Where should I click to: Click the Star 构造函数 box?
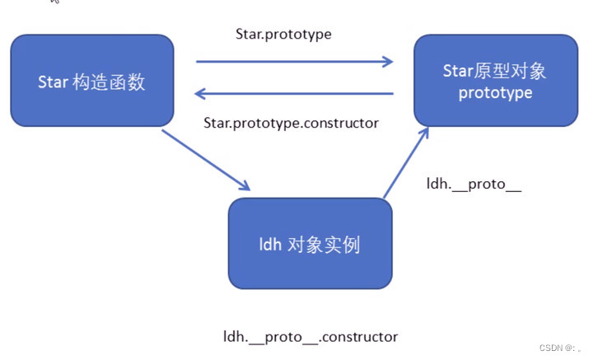92,82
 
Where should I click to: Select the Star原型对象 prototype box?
495,81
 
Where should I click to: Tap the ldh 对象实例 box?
310,244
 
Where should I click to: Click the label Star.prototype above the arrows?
282,35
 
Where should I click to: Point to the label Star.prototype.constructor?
291,123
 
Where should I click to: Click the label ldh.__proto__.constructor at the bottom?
311,337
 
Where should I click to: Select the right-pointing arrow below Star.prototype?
294,61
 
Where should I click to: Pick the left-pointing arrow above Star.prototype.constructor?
294,94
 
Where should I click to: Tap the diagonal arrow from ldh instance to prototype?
406,162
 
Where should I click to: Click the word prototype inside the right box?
495,93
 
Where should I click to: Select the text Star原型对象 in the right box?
494,70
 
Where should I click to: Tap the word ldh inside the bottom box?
270,245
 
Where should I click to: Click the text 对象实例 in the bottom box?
325,245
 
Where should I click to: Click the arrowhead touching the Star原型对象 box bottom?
424,132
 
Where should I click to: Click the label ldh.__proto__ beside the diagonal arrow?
474,183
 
